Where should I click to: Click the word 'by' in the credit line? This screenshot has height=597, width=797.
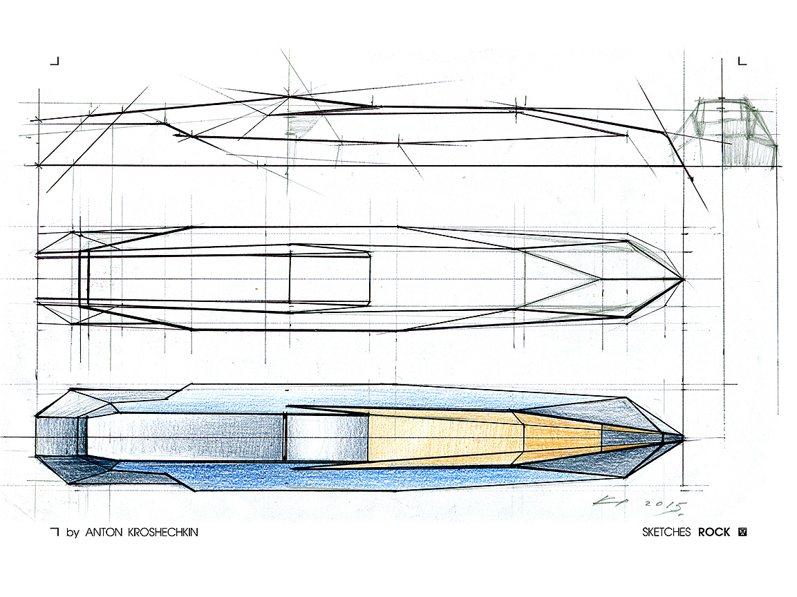coord(72,533)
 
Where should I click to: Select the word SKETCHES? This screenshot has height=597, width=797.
coord(666,533)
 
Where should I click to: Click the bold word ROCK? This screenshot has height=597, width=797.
coord(714,533)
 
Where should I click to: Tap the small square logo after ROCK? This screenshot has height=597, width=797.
coord(744,532)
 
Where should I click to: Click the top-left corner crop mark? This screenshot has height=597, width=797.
coord(55,61)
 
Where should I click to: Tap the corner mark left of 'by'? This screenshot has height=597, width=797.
coord(55,532)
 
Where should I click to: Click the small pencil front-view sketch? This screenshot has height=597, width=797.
coord(735,131)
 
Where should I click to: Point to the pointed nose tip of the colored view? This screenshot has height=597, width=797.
coord(684,437)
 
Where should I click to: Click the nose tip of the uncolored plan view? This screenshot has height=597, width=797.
coord(684,279)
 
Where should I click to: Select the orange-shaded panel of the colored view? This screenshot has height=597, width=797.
coord(442,437)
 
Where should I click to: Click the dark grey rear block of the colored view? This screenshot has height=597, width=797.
coord(58,437)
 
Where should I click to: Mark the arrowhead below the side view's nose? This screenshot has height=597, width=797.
coord(691,178)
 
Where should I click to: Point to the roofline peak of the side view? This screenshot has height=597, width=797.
coord(288,97)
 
